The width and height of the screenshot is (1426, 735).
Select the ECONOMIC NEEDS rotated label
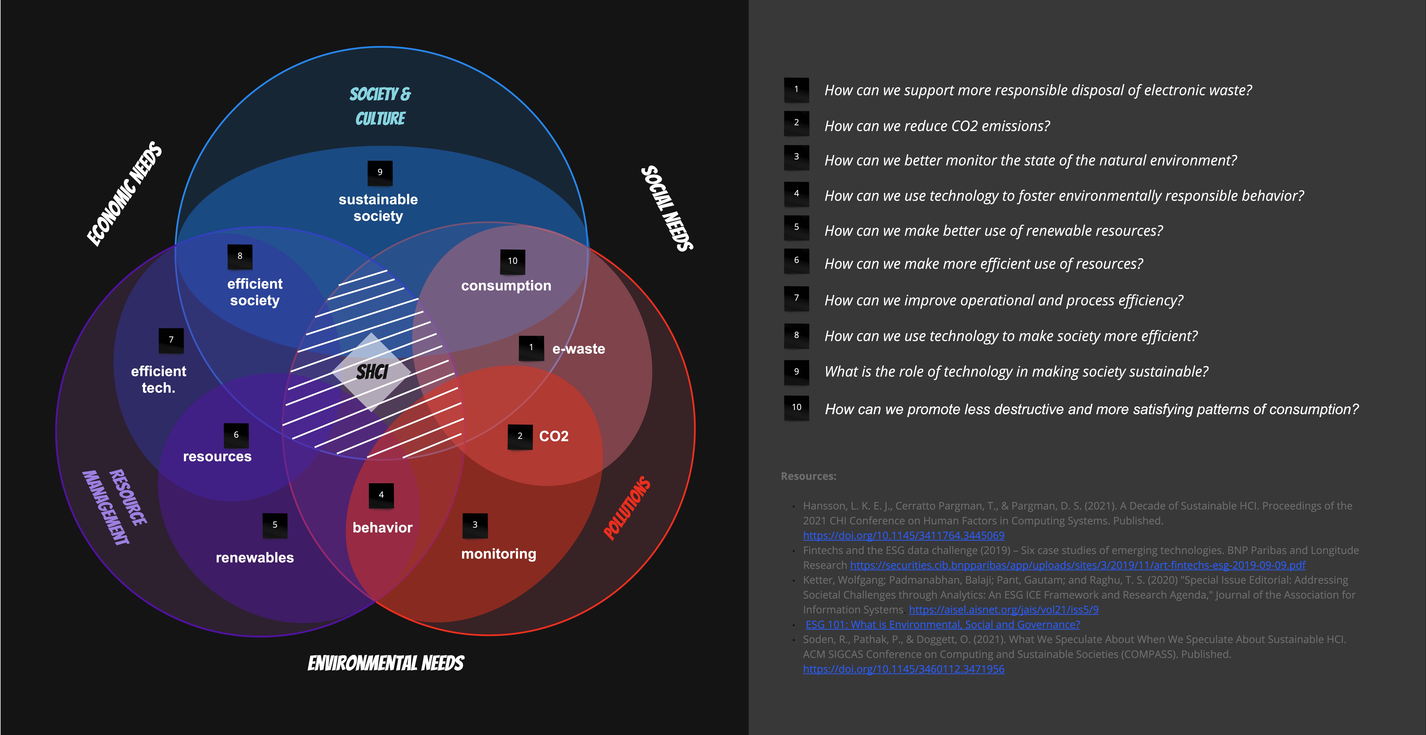[x=125, y=194]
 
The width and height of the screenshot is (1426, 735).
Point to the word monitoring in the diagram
[x=499, y=554]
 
